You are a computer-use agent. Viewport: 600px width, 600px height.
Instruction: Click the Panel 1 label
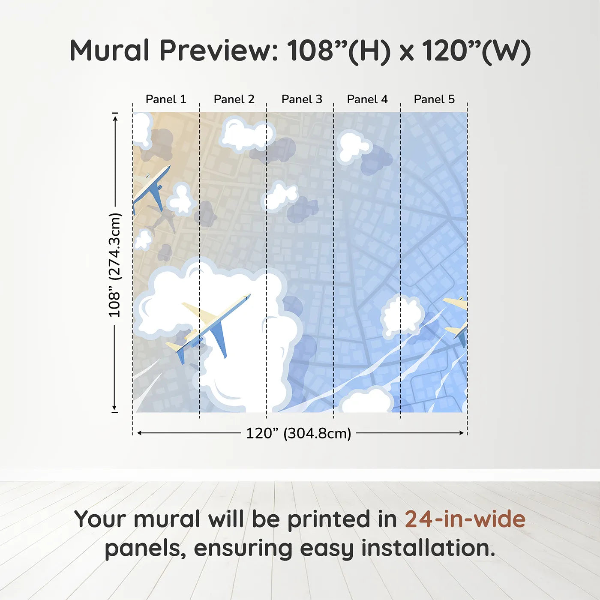click(x=166, y=99)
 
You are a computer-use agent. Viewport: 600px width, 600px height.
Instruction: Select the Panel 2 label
click(x=234, y=99)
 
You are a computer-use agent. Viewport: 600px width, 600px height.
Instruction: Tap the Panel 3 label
click(x=301, y=99)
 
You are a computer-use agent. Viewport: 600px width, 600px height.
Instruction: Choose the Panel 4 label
click(x=367, y=99)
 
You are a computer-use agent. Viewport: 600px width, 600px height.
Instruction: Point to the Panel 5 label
click(x=434, y=99)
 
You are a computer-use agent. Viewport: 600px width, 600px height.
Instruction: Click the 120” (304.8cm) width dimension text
click(x=298, y=433)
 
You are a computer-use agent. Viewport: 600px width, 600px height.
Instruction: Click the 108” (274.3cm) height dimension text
click(x=114, y=265)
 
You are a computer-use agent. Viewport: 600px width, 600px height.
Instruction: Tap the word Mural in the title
click(x=109, y=51)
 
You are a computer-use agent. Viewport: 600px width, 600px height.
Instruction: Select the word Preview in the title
click(x=219, y=51)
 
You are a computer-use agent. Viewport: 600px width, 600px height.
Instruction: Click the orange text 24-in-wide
click(x=465, y=519)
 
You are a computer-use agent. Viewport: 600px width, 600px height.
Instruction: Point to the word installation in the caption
click(x=428, y=548)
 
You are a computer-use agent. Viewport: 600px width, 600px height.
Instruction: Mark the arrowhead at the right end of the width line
click(x=462, y=433)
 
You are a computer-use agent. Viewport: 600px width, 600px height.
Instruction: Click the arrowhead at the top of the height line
click(x=115, y=117)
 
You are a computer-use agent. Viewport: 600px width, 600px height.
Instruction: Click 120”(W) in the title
click(x=476, y=51)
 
